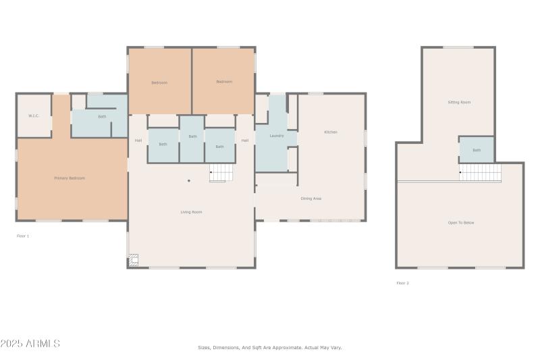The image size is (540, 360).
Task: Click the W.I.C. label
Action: [34, 116]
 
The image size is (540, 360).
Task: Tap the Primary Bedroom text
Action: [70, 178]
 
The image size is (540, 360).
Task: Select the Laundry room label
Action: [276, 136]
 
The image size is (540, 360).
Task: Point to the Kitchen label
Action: [331, 132]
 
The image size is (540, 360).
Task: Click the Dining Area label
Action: [310, 199]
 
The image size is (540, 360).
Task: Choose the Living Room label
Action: [191, 212]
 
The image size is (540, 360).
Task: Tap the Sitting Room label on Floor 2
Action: [459, 103]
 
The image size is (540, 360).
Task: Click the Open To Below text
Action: [461, 222]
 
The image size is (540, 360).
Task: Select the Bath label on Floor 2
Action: [477, 150]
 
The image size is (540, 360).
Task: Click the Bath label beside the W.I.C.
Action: [102, 117]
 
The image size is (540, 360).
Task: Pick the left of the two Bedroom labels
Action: [159, 82]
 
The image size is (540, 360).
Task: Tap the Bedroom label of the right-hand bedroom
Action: [224, 82]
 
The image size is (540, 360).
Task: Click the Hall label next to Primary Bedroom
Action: [138, 140]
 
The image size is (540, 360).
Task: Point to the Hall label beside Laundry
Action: [245, 140]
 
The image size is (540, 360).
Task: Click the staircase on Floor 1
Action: [221, 174]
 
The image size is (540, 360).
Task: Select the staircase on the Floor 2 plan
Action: [480, 172]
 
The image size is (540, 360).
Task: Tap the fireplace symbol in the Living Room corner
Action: [134, 259]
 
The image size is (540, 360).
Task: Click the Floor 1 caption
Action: [23, 236]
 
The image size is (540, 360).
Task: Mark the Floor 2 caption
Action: [402, 283]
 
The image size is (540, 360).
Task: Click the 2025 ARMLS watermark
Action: [30, 344]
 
